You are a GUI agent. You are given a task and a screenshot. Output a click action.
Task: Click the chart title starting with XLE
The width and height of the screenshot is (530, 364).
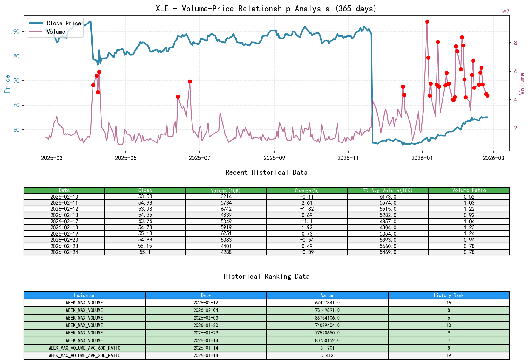[266, 8]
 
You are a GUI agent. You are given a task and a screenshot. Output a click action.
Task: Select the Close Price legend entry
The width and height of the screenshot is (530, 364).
[64, 23]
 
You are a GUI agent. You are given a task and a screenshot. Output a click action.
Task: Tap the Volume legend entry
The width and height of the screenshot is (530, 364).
[56, 32]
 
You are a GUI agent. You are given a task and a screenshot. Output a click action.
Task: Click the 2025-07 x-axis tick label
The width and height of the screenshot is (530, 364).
[199, 158]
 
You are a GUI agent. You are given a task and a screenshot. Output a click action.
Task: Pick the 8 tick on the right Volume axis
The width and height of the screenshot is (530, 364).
[515, 43]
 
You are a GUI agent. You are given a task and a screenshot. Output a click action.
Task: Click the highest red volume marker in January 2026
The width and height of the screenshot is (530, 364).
[427, 22]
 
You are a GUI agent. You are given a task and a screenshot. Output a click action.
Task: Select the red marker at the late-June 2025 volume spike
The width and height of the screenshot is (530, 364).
[190, 81]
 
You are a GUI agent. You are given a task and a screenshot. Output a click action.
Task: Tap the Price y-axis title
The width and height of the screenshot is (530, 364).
[7, 84]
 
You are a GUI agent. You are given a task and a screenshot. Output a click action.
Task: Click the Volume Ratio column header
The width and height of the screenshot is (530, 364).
[469, 190]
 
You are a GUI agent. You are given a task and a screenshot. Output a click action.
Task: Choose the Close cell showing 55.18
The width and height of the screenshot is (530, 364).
[145, 233]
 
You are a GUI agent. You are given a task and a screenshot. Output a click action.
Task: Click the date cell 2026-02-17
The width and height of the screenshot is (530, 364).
[64, 221]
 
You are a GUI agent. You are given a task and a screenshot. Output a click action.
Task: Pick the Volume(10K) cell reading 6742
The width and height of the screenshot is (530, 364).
[226, 209]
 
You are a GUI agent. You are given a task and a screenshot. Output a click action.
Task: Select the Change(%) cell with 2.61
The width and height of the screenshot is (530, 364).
[307, 203]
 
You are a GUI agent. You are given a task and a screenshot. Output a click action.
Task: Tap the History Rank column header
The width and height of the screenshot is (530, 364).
[449, 295]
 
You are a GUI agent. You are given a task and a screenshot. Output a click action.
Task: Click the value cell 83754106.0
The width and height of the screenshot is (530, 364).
[327, 318]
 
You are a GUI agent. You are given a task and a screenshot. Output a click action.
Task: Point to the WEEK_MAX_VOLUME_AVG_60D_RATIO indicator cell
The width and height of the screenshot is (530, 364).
[84, 348]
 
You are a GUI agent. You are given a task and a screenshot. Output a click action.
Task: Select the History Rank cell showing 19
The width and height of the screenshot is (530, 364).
[449, 355]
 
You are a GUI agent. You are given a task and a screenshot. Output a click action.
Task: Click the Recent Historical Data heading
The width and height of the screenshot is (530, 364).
[266, 172]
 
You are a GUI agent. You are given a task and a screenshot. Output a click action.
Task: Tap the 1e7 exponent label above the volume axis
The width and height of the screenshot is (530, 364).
[505, 11]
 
